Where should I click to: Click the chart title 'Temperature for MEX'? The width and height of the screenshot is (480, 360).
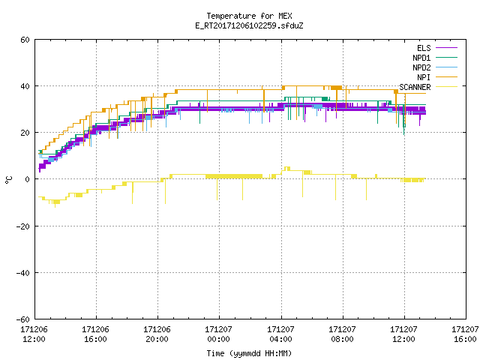[x=249, y=16]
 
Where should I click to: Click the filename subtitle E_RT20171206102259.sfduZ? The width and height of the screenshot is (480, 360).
[x=249, y=25]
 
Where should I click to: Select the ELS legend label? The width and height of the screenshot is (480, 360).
[x=424, y=48]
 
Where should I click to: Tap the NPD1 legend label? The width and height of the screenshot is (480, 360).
[x=421, y=58]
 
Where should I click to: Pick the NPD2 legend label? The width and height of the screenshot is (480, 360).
[x=421, y=67]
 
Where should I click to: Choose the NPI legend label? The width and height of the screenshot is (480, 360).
[x=424, y=77]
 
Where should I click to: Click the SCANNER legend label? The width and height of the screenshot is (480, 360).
[x=415, y=87]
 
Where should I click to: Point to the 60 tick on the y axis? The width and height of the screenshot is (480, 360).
[x=25, y=40]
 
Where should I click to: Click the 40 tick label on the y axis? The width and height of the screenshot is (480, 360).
[x=25, y=86]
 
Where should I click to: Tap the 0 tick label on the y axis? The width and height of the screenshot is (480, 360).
[x=28, y=179]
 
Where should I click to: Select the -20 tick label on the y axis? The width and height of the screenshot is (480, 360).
[x=23, y=226]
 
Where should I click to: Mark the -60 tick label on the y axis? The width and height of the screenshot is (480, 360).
[x=23, y=319]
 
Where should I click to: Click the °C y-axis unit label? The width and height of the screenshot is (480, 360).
[x=8, y=180]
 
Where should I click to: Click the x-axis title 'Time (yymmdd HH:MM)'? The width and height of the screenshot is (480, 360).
[x=249, y=353]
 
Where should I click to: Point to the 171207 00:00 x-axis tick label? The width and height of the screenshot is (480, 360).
[x=218, y=334]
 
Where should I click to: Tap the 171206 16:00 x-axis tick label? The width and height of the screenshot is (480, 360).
[x=95, y=334]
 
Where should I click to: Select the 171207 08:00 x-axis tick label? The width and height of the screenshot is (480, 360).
[x=342, y=334]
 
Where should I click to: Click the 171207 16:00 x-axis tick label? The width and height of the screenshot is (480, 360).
[x=465, y=334]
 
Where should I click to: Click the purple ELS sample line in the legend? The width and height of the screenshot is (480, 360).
[x=447, y=48]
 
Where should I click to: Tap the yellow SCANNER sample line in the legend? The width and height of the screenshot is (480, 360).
[x=447, y=87]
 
